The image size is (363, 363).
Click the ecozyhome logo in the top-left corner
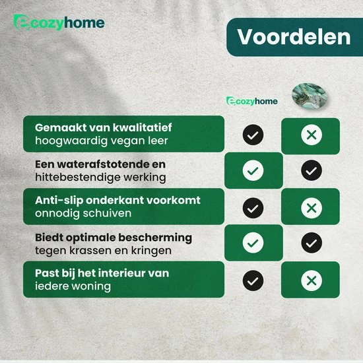click(x=59, y=23)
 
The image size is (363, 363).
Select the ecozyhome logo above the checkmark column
click(x=252, y=100)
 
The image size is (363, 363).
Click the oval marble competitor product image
click(x=311, y=96)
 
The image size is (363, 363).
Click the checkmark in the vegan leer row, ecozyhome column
click(x=253, y=135)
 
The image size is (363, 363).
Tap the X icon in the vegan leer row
click(x=312, y=135)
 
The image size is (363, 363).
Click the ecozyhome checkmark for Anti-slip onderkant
click(x=253, y=208)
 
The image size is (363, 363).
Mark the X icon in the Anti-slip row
click(x=312, y=208)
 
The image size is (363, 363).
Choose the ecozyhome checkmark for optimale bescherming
click(x=253, y=244)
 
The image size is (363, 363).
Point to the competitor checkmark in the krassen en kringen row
click(x=312, y=244)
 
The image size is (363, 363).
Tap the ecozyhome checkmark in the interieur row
click(x=253, y=280)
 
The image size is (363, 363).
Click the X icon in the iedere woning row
click(x=312, y=280)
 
